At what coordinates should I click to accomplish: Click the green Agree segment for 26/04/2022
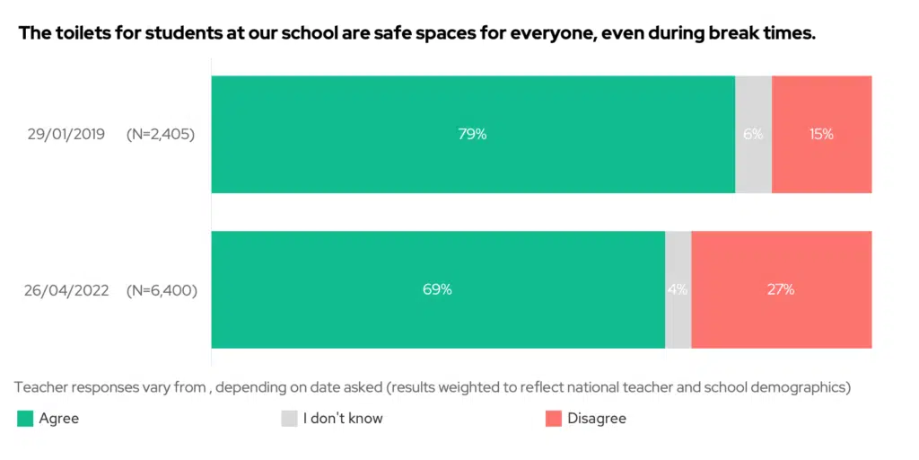[437, 314]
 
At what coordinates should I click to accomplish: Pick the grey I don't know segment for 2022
[678, 314]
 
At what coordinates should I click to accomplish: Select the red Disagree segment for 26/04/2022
[781, 314]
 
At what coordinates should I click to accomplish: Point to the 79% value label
[472, 135]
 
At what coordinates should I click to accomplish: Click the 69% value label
[437, 290]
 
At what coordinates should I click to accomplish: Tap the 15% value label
[820, 135]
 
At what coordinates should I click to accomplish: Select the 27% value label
[781, 290]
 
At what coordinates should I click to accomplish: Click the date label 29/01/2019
[66, 135]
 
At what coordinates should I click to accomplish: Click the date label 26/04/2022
[67, 290]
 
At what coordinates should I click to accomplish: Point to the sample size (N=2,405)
[161, 135]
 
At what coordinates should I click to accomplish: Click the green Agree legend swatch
[25, 419]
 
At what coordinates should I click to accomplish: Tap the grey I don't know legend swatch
[289, 419]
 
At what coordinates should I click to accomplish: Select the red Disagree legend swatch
[553, 419]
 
